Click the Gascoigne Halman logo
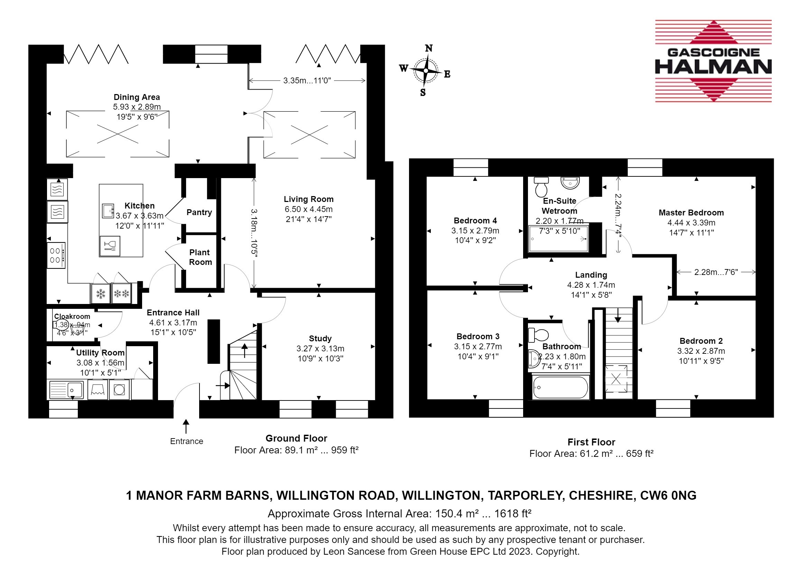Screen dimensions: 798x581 [x=713, y=61]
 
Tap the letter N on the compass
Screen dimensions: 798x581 [x=428, y=48]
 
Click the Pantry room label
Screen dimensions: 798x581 [x=199, y=212]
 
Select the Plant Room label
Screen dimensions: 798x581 [x=200, y=257]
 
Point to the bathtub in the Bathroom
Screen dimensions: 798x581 [x=561, y=387]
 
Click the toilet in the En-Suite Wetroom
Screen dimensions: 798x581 [x=541, y=186]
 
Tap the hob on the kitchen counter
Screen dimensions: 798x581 [x=56, y=256]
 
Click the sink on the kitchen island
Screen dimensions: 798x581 [x=108, y=211]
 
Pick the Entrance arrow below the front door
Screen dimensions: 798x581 [x=186, y=426]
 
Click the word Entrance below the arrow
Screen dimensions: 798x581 [x=186, y=441]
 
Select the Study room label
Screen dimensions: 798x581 [x=320, y=339]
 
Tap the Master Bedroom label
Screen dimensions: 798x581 [x=691, y=213]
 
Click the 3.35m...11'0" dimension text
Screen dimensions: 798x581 [x=307, y=81]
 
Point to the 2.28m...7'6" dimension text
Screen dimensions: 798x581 [x=716, y=272]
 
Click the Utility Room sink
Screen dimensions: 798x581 [x=66, y=390]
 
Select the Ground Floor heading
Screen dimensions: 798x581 [x=296, y=439]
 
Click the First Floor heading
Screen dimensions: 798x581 [x=591, y=442]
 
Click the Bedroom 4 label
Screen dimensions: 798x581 [x=475, y=221]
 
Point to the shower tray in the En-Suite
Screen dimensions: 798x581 [x=558, y=239]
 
